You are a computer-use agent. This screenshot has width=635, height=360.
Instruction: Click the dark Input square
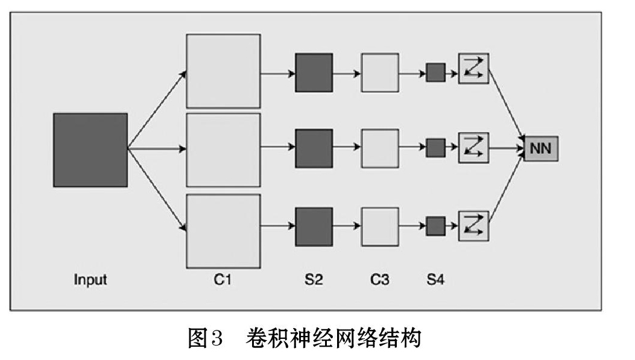coord(90,150)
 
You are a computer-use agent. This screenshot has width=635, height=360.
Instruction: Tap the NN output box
coord(541,148)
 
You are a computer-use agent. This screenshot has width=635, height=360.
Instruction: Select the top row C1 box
coord(223,71)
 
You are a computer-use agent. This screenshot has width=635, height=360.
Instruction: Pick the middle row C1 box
coord(223,150)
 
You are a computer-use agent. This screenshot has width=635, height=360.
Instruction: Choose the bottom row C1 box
coord(223,231)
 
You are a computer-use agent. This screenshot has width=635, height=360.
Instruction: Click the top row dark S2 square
coord(314,72)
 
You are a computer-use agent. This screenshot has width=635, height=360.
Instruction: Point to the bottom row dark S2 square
coord(314,227)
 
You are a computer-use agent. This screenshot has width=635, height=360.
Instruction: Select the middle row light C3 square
coord(380,148)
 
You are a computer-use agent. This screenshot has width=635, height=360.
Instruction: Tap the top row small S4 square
coord(435,72)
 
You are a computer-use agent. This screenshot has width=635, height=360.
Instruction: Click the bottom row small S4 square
coord(435,226)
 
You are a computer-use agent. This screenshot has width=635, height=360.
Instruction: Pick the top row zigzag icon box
coord(473,68)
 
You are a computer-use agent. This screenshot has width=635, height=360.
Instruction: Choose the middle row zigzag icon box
coord(473,148)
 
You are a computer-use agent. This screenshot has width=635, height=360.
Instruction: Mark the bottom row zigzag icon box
coord(473,226)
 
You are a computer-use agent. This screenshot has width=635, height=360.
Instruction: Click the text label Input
coord(90,280)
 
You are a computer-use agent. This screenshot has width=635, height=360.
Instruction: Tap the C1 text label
coord(223,279)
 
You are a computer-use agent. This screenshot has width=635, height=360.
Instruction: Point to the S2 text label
coord(314,279)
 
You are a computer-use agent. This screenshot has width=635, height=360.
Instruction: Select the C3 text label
coord(380,279)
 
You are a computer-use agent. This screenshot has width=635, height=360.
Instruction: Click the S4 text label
coord(436,279)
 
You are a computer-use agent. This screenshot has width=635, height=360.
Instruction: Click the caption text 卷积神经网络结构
coord(333,337)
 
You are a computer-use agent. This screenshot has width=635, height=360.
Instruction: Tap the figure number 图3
coord(206,337)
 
